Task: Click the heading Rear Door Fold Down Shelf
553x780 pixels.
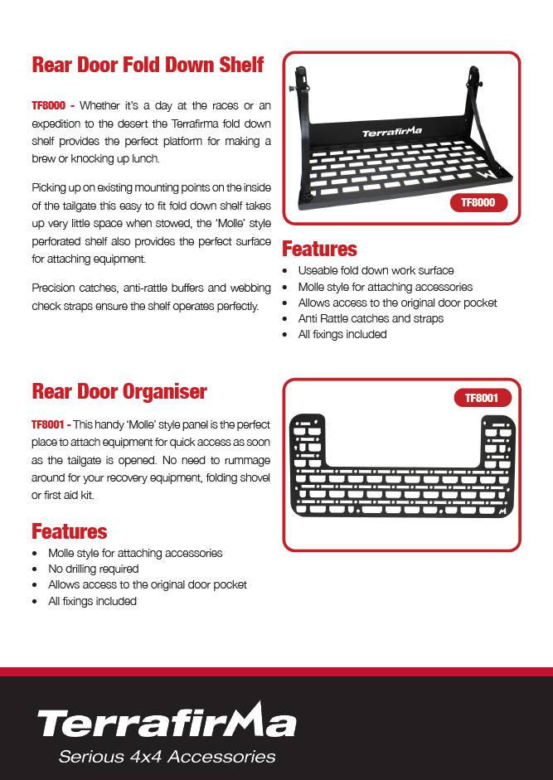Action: tap(148, 65)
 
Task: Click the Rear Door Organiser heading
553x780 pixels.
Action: tap(119, 390)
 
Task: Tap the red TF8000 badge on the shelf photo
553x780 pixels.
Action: tap(483, 202)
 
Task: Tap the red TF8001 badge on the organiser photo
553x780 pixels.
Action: tap(482, 398)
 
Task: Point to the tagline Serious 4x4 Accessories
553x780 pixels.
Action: tap(166, 757)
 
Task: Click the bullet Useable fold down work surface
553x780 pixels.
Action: tap(376, 270)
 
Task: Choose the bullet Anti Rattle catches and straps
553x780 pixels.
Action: tap(371, 318)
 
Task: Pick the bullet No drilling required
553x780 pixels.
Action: tap(93, 569)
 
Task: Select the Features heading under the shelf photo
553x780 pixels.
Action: tap(320, 249)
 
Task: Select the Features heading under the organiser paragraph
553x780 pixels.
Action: tap(70, 531)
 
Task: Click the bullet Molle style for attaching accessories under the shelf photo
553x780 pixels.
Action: tap(385, 287)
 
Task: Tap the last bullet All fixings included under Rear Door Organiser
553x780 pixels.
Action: tap(92, 601)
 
